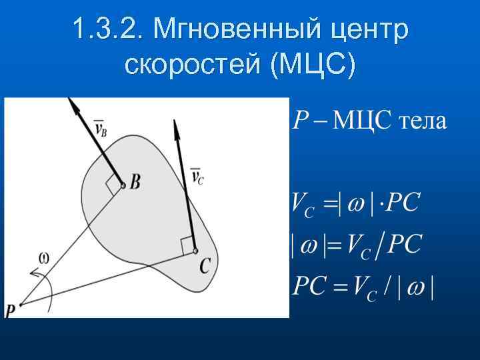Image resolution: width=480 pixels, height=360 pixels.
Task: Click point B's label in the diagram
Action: pos(135,182)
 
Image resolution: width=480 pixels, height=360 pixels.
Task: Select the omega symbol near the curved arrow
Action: pos(44,256)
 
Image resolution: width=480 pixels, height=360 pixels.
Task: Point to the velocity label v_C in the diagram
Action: pos(197,176)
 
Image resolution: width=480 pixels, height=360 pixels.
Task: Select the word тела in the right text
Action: pos(423,122)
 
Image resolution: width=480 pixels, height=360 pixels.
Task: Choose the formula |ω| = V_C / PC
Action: pos(357,245)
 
